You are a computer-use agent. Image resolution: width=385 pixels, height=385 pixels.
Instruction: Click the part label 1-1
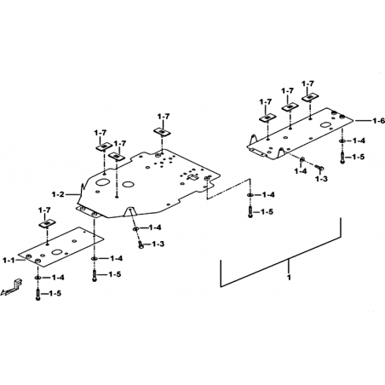pyautogui.click(x=9, y=260)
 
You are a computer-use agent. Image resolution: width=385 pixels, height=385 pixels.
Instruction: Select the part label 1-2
pyautogui.click(x=58, y=194)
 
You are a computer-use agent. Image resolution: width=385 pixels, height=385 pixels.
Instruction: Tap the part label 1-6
pyautogui.click(x=379, y=121)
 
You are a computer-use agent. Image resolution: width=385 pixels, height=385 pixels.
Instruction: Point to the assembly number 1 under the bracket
pyautogui.click(x=289, y=277)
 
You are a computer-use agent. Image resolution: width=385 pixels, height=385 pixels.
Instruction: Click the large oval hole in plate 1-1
pyautogui.click(x=57, y=252)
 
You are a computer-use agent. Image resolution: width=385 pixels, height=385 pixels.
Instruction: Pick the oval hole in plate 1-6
pyautogui.click(x=325, y=125)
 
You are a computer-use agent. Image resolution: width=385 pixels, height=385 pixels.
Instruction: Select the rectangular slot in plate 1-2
pyautogui.click(x=193, y=177)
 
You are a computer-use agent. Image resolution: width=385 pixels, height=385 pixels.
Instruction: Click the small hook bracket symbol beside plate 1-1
pyautogui.click(x=12, y=288)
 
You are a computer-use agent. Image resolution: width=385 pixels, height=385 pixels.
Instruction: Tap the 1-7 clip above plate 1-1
pyautogui.click(x=47, y=224)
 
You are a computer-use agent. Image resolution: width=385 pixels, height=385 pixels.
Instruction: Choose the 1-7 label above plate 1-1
pyautogui.click(x=44, y=210)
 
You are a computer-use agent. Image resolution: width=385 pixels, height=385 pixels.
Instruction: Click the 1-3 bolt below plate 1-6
pyautogui.click(x=319, y=168)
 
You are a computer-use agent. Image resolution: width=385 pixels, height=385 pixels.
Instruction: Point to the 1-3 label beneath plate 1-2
pyautogui.click(x=158, y=244)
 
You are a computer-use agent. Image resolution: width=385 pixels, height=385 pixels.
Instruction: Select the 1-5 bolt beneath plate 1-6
pyautogui.click(x=342, y=158)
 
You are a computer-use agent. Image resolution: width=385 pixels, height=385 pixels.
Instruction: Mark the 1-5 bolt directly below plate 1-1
pyautogui.click(x=37, y=294)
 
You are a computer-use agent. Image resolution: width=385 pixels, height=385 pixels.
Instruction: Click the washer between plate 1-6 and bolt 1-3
pyautogui.click(x=302, y=159)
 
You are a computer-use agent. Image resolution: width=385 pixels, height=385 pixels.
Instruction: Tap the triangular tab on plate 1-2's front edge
pyautogui.click(x=129, y=211)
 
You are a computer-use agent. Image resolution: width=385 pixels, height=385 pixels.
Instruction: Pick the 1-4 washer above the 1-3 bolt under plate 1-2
pyautogui.click(x=135, y=228)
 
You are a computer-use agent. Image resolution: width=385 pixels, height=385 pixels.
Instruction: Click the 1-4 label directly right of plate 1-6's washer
pyautogui.click(x=359, y=141)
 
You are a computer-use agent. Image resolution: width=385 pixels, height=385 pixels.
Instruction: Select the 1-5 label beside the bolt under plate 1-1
pyautogui.click(x=55, y=293)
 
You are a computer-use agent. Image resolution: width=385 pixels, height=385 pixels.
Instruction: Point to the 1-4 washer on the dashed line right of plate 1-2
pyautogui.click(x=250, y=195)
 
